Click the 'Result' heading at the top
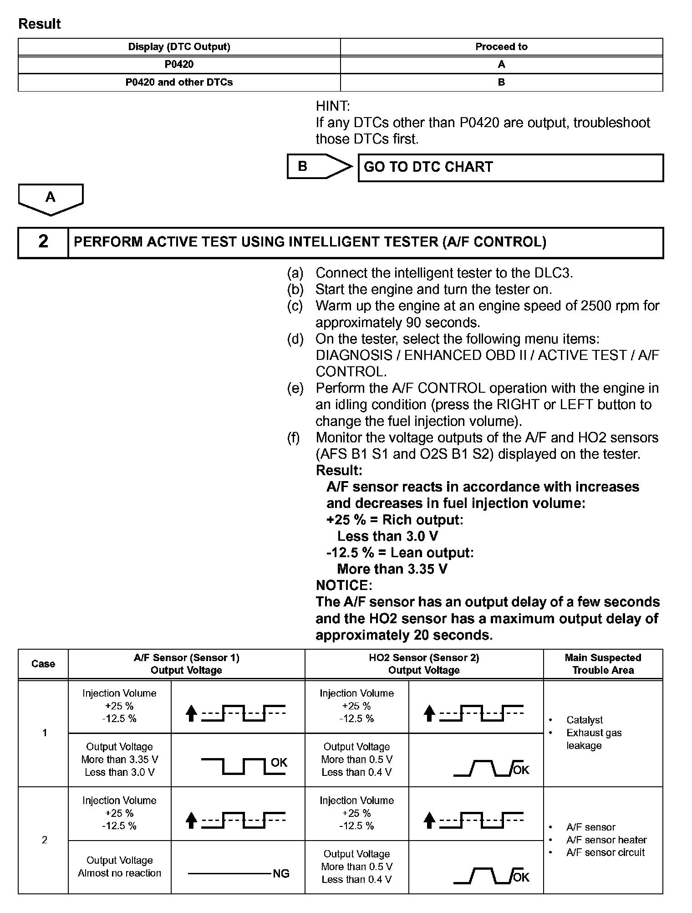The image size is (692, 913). pyautogui.click(x=39, y=24)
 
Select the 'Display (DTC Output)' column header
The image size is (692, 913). pyautogui.click(x=179, y=46)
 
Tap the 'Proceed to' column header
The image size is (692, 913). pyautogui.click(x=501, y=46)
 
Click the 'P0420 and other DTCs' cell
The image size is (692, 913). pyautogui.click(x=179, y=82)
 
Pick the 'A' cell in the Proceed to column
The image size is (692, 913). pyautogui.click(x=501, y=64)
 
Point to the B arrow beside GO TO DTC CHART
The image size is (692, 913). pyautogui.click(x=319, y=167)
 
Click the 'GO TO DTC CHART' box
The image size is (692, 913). pyautogui.click(x=510, y=168)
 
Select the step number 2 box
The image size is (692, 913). pyautogui.click(x=43, y=242)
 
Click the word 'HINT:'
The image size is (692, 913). pyautogui.click(x=333, y=106)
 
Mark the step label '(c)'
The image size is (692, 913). pyautogui.click(x=295, y=306)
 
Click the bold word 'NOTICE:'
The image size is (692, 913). pyautogui.click(x=344, y=585)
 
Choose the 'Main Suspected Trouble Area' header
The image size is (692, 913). pyautogui.click(x=603, y=664)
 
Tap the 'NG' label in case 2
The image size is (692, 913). pyautogui.click(x=281, y=873)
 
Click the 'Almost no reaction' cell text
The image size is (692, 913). pyautogui.click(x=119, y=873)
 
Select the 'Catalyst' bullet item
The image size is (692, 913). pyautogui.click(x=585, y=720)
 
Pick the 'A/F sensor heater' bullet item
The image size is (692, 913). pyautogui.click(x=606, y=840)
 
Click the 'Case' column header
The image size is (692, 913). pyautogui.click(x=43, y=664)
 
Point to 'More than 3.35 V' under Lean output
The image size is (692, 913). pyautogui.click(x=392, y=569)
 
